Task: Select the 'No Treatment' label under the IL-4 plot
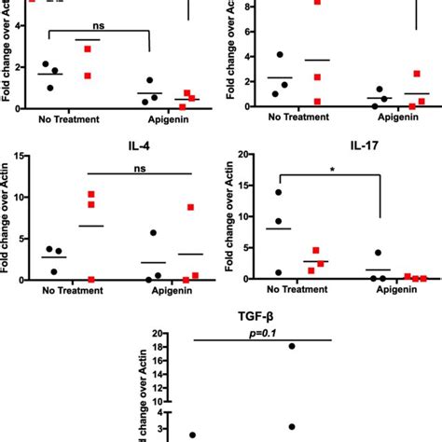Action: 68,290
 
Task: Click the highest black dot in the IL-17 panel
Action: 277,192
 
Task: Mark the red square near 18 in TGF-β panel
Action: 292,346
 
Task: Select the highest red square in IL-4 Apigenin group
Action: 190,207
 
